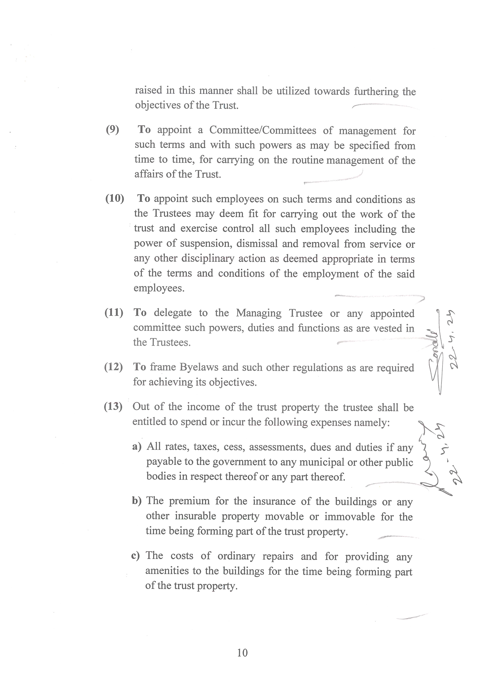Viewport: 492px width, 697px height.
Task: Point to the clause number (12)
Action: (113, 367)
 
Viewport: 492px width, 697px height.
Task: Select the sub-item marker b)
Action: (137, 501)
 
